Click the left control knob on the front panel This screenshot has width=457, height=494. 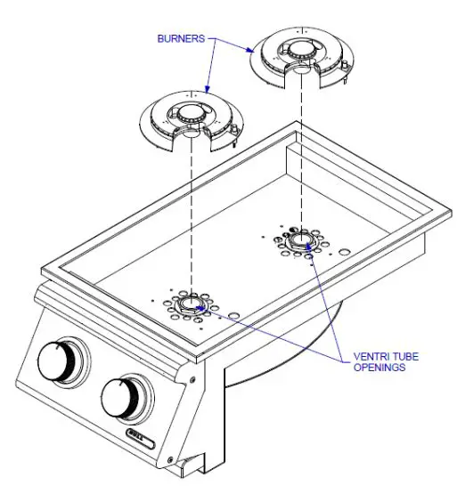[x=63, y=360]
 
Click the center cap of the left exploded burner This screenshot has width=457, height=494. [x=191, y=115]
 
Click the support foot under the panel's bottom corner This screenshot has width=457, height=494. [x=188, y=465]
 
